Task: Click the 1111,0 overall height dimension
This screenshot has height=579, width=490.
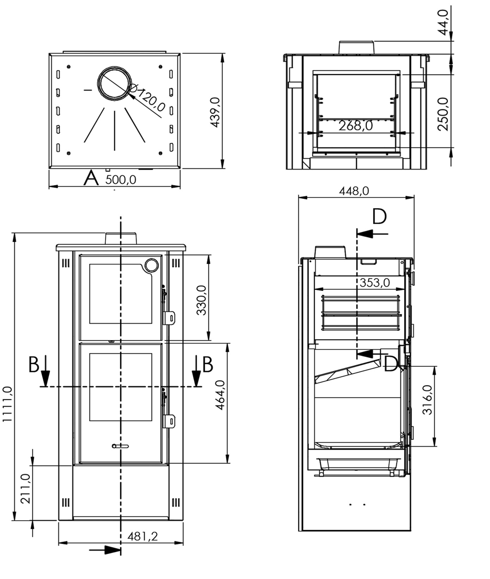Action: pyautogui.click(x=7, y=404)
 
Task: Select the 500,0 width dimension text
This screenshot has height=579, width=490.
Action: pyautogui.click(x=121, y=180)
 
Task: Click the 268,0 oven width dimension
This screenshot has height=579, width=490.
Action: pyautogui.click(x=355, y=126)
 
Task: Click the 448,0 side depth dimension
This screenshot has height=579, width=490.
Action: pyautogui.click(x=354, y=191)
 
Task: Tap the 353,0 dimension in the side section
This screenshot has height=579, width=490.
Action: pyautogui.click(x=375, y=282)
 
